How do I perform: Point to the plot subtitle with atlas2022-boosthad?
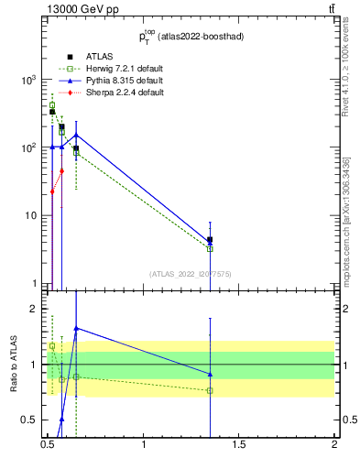191,38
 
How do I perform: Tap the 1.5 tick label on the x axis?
239,450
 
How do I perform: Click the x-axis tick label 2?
334,450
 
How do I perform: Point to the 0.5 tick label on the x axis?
48,450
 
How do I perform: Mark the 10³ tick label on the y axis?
29,80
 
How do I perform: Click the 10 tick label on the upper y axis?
31,216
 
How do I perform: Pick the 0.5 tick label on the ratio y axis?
31,420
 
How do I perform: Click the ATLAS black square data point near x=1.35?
211,240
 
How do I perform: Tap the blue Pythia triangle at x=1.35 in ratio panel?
211,374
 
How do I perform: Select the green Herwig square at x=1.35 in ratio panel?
211,390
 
